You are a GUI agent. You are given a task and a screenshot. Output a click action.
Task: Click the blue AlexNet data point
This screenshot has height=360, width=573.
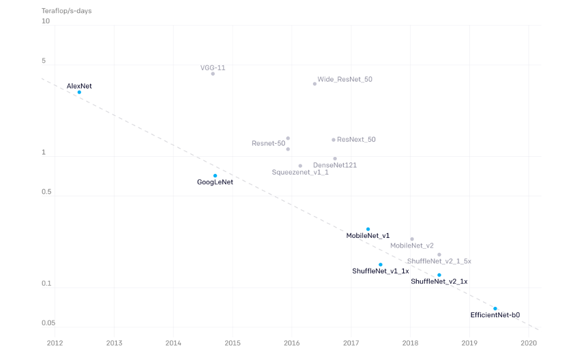point(79,92)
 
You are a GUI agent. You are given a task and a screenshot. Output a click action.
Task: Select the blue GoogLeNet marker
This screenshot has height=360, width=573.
point(215,176)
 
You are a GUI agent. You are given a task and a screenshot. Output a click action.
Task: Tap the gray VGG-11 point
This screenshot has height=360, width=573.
point(213,74)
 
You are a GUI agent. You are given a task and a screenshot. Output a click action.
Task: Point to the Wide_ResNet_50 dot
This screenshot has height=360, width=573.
point(314,84)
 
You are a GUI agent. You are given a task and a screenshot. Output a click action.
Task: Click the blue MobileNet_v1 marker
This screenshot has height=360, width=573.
point(368,229)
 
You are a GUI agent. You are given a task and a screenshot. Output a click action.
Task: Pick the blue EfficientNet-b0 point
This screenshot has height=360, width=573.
point(495,309)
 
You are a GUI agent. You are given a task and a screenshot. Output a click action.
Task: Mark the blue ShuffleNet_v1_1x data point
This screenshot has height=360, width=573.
point(381,265)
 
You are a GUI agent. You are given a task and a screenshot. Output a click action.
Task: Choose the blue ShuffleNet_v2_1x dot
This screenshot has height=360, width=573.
point(439,275)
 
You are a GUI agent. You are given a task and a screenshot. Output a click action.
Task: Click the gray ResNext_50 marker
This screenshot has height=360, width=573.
point(334,140)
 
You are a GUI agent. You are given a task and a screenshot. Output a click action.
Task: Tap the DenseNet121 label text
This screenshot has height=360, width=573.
point(335,165)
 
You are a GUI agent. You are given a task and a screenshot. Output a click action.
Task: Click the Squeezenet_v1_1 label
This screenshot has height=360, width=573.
point(300,172)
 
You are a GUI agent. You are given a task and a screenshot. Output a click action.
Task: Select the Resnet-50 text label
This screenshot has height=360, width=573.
point(268,143)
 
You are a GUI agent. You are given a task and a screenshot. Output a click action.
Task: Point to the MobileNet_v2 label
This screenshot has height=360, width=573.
point(412,245)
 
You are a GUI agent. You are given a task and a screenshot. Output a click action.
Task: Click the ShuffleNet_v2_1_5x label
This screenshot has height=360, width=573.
point(439,261)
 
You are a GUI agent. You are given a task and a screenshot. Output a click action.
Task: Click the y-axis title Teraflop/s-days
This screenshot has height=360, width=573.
point(67,11)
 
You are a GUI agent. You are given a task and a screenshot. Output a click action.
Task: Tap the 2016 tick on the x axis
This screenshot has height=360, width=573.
point(292,343)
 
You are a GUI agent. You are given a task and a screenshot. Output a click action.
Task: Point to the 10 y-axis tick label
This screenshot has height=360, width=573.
point(46,21)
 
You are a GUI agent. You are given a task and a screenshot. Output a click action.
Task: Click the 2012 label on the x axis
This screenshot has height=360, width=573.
point(55,343)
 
